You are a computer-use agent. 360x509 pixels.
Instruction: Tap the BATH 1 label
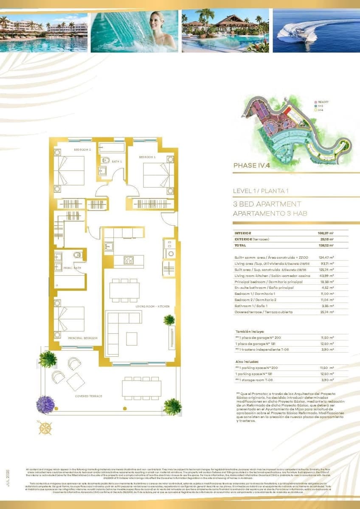[117, 162]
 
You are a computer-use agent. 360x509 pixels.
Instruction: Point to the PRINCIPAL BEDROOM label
[82, 338]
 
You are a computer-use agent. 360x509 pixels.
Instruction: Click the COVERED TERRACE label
[89, 396]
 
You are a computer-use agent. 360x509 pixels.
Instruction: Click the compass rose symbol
[45, 428]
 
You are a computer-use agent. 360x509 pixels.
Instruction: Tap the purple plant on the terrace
[45, 404]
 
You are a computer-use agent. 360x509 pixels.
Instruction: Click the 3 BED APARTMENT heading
[267, 204]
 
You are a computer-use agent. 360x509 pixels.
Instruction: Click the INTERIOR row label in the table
[243, 233]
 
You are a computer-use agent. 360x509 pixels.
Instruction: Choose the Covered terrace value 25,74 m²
[325, 312]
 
